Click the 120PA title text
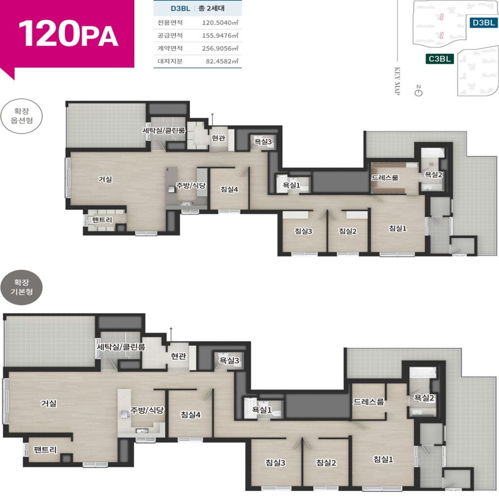pos(68,34)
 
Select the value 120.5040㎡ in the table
pos(220,22)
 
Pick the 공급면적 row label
pos(170,35)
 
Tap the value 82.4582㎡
pos(222,61)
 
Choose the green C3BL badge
pos(440,59)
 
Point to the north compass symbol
pos(419,91)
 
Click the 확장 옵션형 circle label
pos(21,116)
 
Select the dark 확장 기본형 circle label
pos(21,287)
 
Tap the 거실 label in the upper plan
pos(105,179)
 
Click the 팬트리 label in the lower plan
pos(45,449)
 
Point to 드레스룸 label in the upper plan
pos(385,177)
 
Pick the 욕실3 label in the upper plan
pos(263,142)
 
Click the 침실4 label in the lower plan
pos(191,415)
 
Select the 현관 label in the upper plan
pos(218,138)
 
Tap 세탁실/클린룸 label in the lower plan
pos(121,346)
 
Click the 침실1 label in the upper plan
pos(398,228)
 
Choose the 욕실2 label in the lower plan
pos(424,398)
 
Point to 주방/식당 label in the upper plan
pos(191,185)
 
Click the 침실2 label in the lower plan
pos(326,462)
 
